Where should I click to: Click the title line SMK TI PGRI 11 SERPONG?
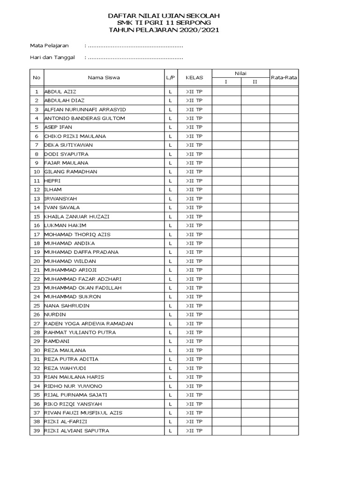tap(164, 23)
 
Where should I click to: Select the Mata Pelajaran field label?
tap(49, 45)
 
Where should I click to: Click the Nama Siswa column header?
tap(104, 78)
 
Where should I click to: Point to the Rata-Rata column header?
tap(284, 78)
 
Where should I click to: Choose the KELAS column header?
tap(194, 78)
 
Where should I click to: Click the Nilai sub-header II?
tap(255, 82)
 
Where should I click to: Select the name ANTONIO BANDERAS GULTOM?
tap(85, 118)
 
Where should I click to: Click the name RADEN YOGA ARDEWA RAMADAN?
tap(89, 323)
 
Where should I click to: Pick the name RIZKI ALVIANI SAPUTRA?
tap(76, 430)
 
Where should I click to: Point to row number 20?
tap(36, 261)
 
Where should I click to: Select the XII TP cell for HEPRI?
tap(194, 181)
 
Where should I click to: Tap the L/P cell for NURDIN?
tap(171, 315)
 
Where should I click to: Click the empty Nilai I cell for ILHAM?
tap(226, 190)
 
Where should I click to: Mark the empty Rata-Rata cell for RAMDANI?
tap(284, 341)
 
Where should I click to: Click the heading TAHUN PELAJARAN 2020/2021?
tap(164, 30)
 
